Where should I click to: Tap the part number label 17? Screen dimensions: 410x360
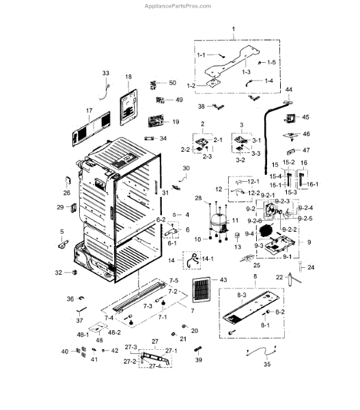click(88, 110)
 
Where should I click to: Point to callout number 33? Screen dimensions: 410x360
click(105, 73)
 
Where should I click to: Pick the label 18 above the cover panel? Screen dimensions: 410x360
click(128, 77)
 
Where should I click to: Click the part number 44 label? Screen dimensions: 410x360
click(289, 90)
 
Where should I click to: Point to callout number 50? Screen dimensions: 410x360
click(172, 83)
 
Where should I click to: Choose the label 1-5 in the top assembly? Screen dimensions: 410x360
click(271, 62)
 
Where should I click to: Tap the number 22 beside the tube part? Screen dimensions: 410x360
click(279, 276)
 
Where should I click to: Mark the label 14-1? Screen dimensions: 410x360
click(206, 259)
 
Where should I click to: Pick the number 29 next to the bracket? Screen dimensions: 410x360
click(60, 207)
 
